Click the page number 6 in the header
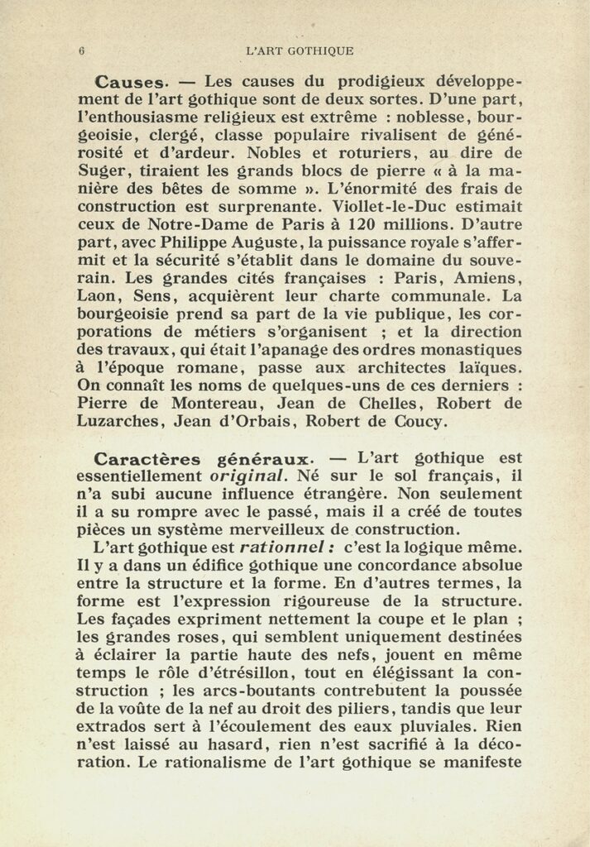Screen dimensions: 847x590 pyautogui.click(x=81, y=50)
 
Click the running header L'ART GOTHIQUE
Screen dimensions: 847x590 pyautogui.click(x=300, y=50)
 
